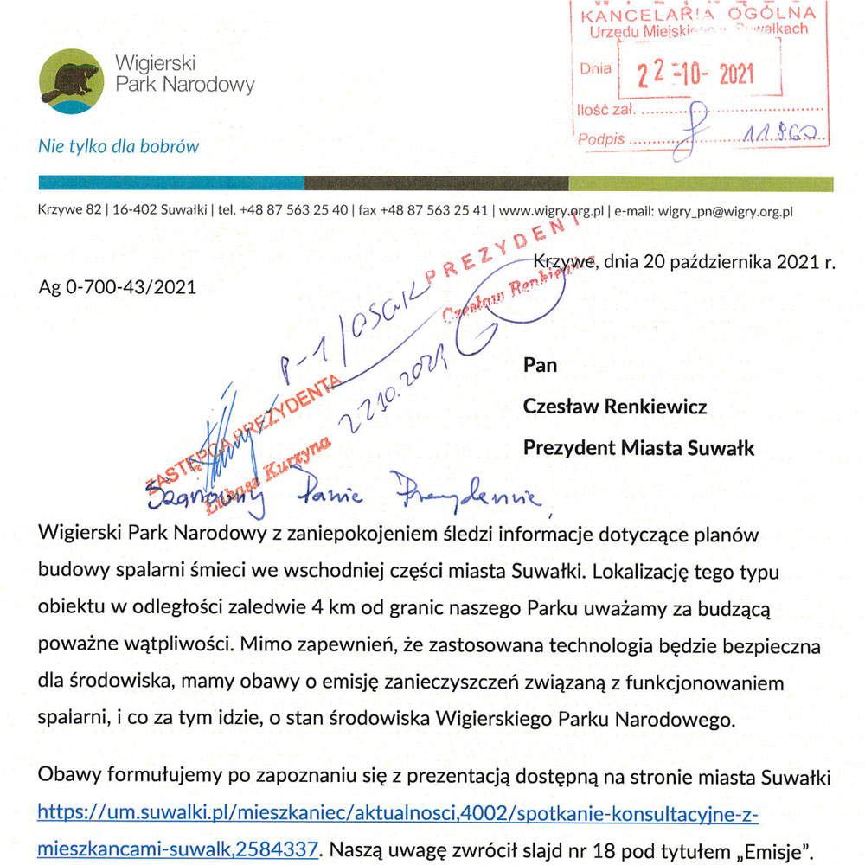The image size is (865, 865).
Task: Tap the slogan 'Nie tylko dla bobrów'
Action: coord(118,146)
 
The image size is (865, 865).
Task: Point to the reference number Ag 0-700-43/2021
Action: coord(117,287)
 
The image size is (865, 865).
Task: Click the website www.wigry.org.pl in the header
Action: coord(551,210)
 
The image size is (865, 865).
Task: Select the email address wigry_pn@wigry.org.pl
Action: coord(726,210)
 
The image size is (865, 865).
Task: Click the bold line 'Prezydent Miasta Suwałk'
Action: coord(638,447)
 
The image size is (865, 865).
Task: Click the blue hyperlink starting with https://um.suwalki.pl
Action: coord(399,813)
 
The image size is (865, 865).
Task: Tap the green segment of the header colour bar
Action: coord(700,183)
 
